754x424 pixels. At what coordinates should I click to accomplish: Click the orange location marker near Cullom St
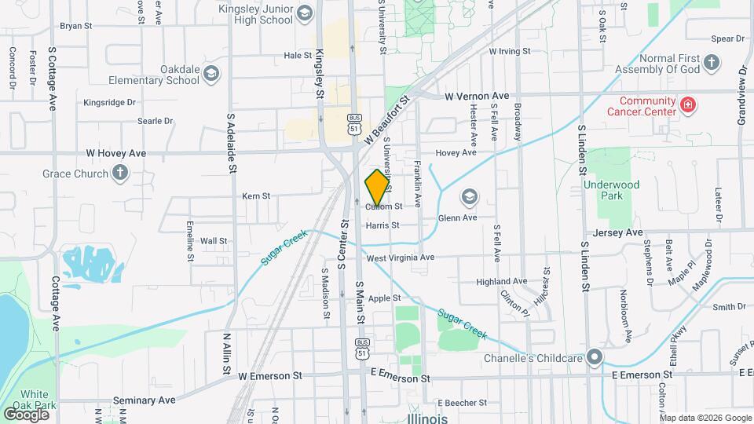click(377, 187)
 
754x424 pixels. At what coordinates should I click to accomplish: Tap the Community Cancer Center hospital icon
click(688, 104)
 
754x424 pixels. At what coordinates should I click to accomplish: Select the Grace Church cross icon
click(119, 173)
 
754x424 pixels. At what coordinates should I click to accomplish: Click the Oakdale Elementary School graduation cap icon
click(210, 74)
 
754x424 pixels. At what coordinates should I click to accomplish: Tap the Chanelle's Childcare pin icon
click(595, 358)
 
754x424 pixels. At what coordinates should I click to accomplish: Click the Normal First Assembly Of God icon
click(712, 62)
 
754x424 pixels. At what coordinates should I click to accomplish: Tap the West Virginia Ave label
click(400, 258)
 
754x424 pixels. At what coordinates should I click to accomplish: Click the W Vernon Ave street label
click(477, 97)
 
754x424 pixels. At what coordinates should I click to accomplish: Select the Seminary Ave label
click(145, 400)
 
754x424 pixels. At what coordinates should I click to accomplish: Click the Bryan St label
click(76, 25)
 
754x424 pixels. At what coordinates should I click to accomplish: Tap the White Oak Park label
click(35, 400)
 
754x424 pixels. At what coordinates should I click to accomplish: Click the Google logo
click(26, 414)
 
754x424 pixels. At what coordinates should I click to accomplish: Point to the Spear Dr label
click(727, 38)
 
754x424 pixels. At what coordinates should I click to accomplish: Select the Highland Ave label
click(502, 281)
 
